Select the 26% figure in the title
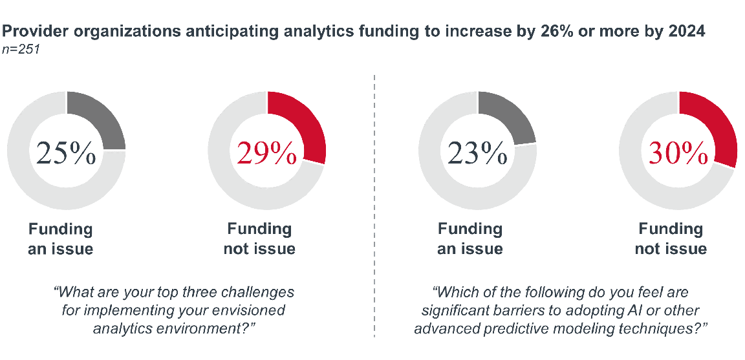(x=550, y=31)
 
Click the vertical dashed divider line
(x=374, y=207)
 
